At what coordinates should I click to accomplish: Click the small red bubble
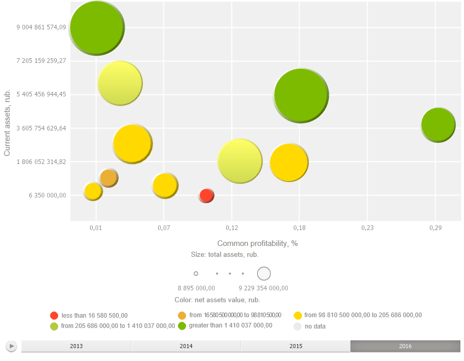206,195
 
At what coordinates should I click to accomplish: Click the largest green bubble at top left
96,28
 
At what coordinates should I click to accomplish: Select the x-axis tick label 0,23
367,227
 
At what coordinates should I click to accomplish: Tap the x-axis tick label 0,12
231,227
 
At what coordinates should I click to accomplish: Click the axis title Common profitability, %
257,243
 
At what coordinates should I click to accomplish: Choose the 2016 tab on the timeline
405,346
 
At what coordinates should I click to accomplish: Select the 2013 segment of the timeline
76,346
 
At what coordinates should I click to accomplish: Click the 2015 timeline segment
295,346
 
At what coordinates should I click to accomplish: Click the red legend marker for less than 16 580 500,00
54,316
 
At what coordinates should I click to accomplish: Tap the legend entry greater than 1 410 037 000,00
230,325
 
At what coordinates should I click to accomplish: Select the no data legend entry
315,326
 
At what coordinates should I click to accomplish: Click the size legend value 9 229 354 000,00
263,288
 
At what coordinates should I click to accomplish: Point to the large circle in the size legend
264,273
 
